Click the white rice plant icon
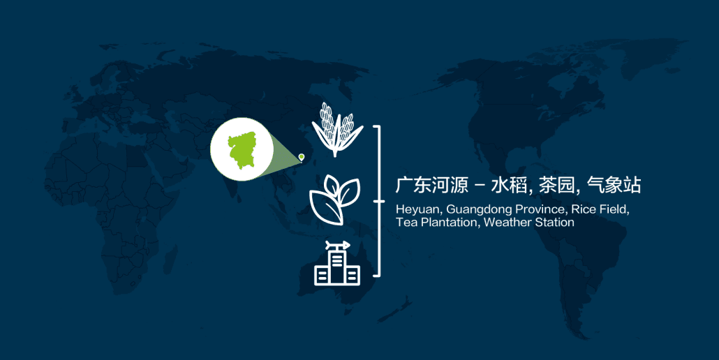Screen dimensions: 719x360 337,130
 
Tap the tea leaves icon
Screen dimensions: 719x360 335,200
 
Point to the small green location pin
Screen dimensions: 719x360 302,158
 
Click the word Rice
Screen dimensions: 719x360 583,209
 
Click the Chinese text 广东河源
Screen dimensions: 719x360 432,185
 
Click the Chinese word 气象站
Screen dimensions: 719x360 614,185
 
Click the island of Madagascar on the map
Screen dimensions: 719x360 170,260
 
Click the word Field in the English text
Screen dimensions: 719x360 614,209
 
